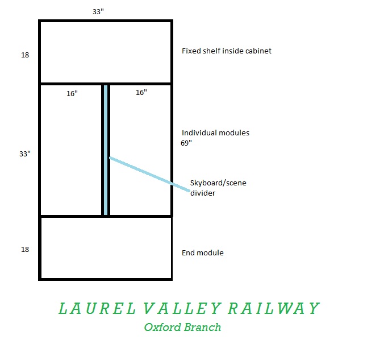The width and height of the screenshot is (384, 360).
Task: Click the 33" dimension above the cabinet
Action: (98, 11)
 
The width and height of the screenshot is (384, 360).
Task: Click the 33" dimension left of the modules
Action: (25, 154)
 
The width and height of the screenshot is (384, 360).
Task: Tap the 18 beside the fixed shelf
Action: (25, 55)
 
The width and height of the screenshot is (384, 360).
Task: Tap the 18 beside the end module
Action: (25, 250)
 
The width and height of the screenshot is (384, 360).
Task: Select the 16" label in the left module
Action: (72, 93)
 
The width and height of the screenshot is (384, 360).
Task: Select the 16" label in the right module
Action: (141, 93)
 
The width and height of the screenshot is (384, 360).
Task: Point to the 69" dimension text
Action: (186, 143)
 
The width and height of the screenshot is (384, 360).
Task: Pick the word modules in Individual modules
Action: (234, 133)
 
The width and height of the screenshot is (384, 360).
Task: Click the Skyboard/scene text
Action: (218, 183)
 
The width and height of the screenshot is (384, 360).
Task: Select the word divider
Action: (203, 193)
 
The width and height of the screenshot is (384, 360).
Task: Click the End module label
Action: (203, 253)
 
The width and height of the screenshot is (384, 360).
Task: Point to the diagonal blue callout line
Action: (149, 174)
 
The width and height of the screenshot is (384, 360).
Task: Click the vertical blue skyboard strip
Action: (106, 150)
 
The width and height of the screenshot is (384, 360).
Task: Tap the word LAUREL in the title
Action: (97, 308)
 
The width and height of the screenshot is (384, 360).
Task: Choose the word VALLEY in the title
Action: (182, 308)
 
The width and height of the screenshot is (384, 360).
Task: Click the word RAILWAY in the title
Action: (274, 308)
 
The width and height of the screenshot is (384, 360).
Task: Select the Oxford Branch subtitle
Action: (182, 327)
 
